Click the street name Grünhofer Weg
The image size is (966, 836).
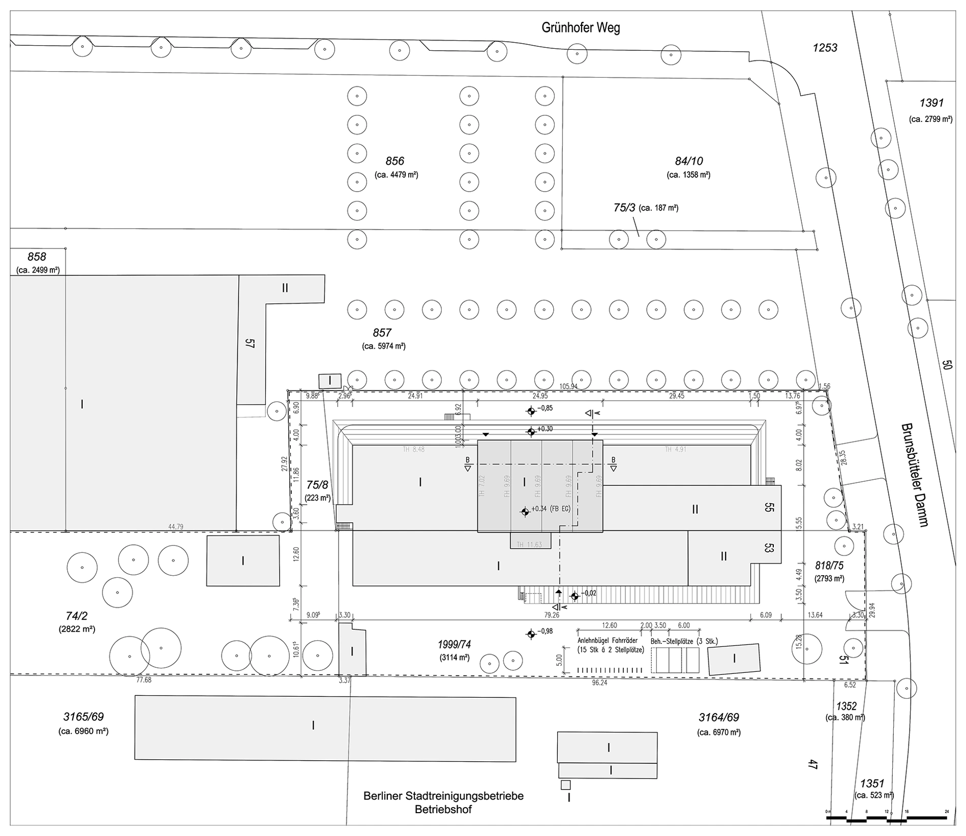click(x=581, y=27)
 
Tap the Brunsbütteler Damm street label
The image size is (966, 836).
click(x=915, y=475)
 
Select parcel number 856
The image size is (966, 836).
click(x=395, y=161)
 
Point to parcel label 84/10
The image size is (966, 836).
click(x=689, y=161)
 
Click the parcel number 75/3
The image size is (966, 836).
click(x=624, y=207)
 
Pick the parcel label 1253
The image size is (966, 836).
click(x=825, y=48)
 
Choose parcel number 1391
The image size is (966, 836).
click(x=931, y=103)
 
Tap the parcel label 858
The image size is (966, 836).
click(x=37, y=257)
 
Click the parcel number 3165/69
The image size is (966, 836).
click(x=83, y=717)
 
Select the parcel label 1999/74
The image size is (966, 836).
click(x=454, y=644)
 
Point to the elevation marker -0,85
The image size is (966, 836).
click(x=531, y=411)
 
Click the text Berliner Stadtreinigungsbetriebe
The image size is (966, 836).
click(x=443, y=796)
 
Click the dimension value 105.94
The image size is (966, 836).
click(x=568, y=386)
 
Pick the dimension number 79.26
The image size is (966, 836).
click(x=552, y=615)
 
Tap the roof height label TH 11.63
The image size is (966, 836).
click(x=529, y=545)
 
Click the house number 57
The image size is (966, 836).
click(x=250, y=344)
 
